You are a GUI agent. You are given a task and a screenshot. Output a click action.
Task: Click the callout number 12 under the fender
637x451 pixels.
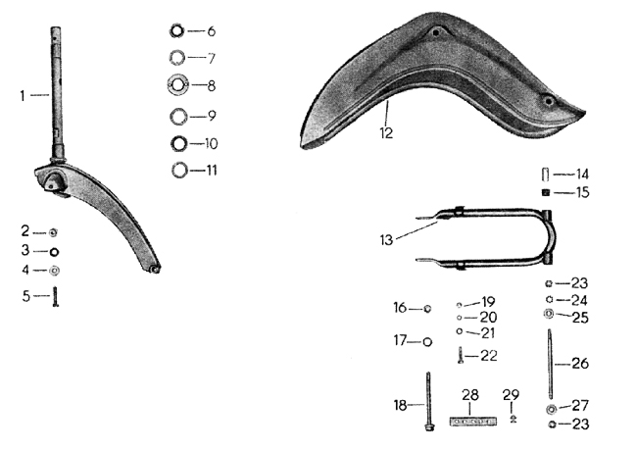[386, 133]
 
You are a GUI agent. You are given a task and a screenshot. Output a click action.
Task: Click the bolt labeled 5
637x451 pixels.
[55, 296]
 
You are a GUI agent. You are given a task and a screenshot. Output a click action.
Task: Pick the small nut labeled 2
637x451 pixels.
[52, 232]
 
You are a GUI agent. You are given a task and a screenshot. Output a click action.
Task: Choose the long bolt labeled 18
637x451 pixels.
[428, 401]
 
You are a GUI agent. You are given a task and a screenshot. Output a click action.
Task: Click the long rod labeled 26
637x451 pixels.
[550, 364]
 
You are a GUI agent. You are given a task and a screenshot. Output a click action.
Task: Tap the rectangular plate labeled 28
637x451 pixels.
[473, 422]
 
